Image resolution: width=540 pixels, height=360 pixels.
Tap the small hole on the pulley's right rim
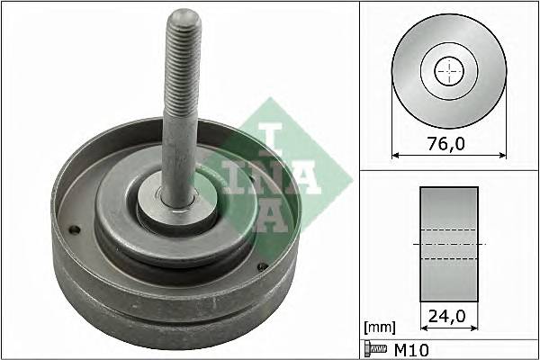(x=262, y=265)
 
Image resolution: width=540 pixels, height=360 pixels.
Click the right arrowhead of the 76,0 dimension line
(x=502, y=155)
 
